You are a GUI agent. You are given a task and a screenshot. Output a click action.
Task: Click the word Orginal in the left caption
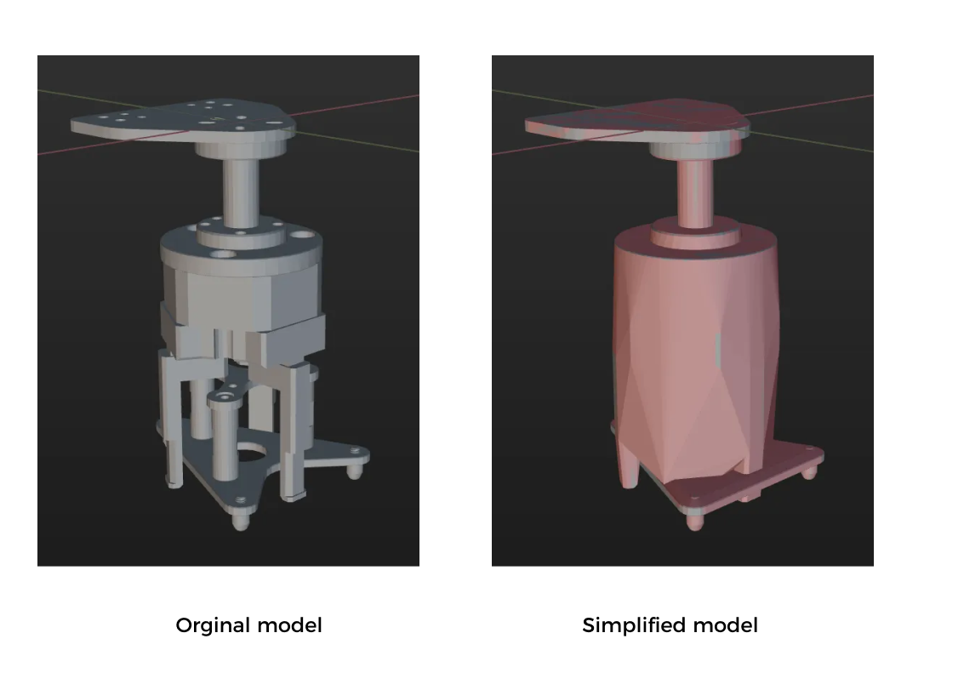(x=214, y=626)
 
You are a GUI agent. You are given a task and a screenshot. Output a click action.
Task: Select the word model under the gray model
(x=290, y=626)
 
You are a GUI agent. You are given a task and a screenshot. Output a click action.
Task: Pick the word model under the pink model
(x=725, y=626)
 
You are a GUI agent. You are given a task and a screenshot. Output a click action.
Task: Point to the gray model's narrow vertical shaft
(x=240, y=191)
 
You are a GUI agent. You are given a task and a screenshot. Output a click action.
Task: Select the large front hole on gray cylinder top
(x=224, y=254)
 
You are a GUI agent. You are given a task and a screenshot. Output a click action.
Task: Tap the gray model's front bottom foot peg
(x=242, y=521)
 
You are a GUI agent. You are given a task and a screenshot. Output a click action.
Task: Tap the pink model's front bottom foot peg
(x=696, y=520)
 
